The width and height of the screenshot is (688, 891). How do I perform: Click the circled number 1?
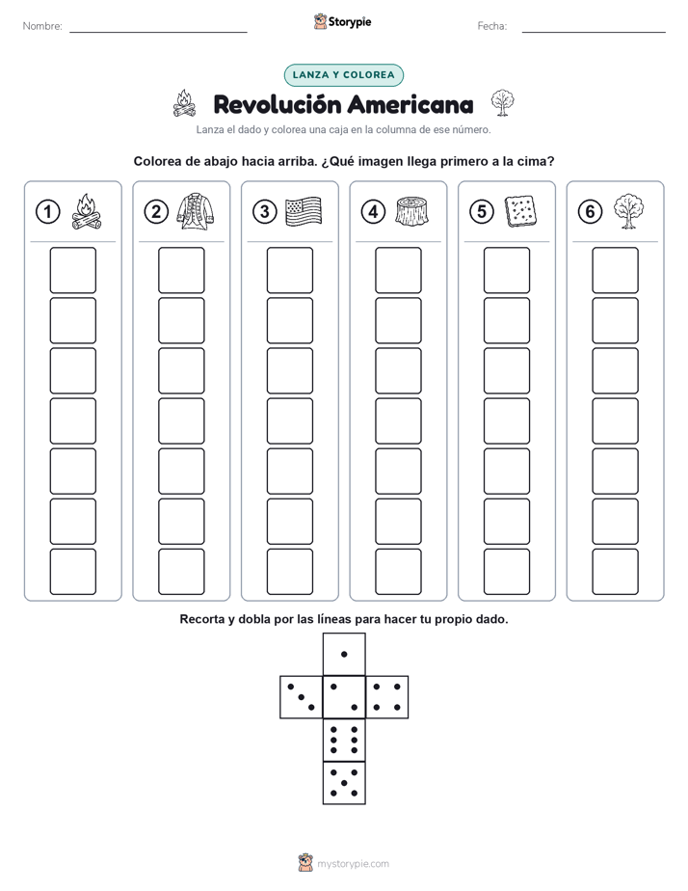pyautogui.click(x=47, y=212)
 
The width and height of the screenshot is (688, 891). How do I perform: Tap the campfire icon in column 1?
pyautogui.click(x=87, y=211)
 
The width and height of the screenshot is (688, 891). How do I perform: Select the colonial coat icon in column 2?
pyautogui.click(x=195, y=211)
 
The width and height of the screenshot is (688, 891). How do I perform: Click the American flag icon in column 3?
pyautogui.click(x=304, y=211)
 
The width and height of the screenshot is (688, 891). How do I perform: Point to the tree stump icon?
pyautogui.click(x=412, y=211)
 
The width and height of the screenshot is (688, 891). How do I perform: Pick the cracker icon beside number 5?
pyautogui.click(x=520, y=211)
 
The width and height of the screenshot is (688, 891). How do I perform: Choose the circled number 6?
pyautogui.click(x=590, y=212)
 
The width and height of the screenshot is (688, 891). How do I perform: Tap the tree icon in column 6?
pyautogui.click(x=628, y=211)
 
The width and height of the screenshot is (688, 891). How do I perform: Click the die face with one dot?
pyautogui.click(x=344, y=655)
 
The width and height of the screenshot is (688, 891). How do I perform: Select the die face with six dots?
pyautogui.click(x=344, y=740)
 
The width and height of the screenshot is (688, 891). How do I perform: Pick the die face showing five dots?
pyautogui.click(x=344, y=783)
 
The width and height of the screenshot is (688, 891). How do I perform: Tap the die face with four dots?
pyautogui.click(x=387, y=697)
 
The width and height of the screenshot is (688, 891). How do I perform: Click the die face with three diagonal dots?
pyautogui.click(x=302, y=697)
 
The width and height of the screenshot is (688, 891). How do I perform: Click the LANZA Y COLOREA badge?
pyautogui.click(x=343, y=75)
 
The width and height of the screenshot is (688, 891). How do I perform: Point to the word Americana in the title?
pyautogui.click(x=410, y=104)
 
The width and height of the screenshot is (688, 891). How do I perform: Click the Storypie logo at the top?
pyautogui.click(x=342, y=21)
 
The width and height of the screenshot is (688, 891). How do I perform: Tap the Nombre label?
pyautogui.click(x=42, y=26)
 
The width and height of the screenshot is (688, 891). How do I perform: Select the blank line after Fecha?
pyautogui.click(x=594, y=32)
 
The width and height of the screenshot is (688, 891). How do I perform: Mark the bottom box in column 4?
pyautogui.click(x=398, y=572)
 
